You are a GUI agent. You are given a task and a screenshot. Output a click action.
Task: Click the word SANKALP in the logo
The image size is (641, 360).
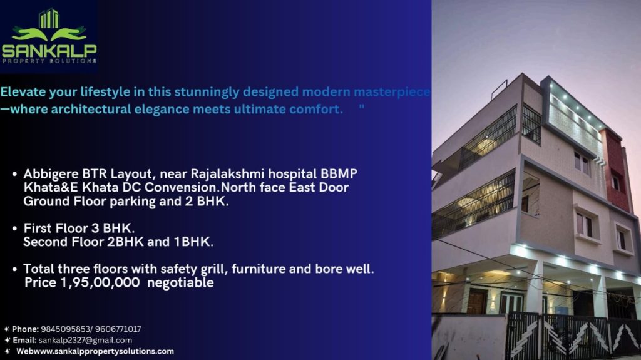pyautogui.click(x=49, y=50)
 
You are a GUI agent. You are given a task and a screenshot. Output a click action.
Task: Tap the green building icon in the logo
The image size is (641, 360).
pyautogui.click(x=49, y=18)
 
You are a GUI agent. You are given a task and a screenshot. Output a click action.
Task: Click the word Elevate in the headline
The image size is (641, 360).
pyautogui.click(x=23, y=91)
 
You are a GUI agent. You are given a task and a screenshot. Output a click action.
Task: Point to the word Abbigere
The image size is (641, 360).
pyautogui.click(x=51, y=174)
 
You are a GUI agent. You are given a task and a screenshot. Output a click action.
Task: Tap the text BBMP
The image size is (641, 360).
pyautogui.click(x=339, y=174)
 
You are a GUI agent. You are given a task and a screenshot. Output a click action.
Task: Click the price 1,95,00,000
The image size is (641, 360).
pyautogui.click(x=100, y=283)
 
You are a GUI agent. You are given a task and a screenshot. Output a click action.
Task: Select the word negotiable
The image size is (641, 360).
pyautogui.click(x=180, y=283)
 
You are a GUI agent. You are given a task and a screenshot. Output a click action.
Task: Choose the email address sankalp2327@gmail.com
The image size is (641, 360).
pyautogui.click(x=85, y=340)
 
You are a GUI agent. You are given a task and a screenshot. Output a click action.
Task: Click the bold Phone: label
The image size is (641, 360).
pyautogui.click(x=25, y=329)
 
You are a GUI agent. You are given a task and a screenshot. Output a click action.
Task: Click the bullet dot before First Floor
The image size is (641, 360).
pyautogui.click(x=15, y=229)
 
